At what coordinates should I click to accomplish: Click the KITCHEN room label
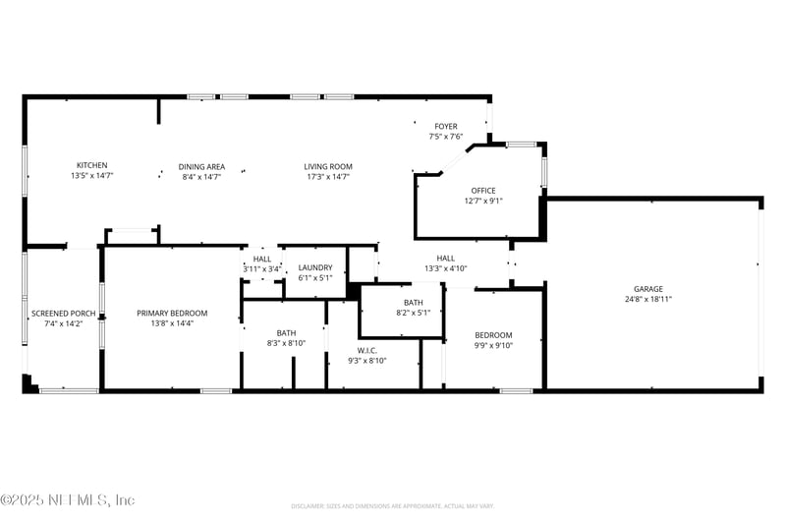point(92,166)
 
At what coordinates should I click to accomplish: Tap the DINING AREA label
point(201,166)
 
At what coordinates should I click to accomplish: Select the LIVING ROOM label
point(327,166)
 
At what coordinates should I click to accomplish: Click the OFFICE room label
point(483,191)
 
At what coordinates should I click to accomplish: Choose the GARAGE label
point(647,288)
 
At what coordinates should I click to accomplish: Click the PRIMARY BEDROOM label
point(172,313)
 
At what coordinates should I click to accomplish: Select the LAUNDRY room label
point(315,266)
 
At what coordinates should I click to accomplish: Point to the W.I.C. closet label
point(366,350)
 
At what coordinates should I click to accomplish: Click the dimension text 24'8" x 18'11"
point(647,299)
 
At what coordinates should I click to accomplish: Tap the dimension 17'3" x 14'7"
point(327,177)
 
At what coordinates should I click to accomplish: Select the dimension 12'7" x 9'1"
point(483,202)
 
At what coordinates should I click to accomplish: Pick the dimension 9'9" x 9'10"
point(493,345)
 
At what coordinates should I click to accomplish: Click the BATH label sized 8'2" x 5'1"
point(413,302)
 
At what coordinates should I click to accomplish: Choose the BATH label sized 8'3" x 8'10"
point(286,332)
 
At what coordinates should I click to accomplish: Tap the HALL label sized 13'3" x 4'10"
point(446,258)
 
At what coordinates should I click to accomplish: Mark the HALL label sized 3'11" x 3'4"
point(262,259)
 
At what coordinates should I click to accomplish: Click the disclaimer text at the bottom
point(393,505)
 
